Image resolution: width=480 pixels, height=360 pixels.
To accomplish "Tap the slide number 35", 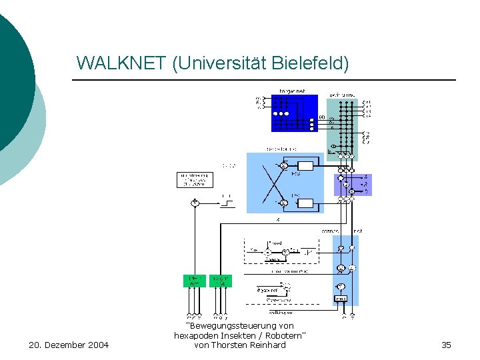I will [x=446, y=345].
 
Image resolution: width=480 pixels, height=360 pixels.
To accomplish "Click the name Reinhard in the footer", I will [x=267, y=345].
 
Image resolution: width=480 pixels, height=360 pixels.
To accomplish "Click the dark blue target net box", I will [x=294, y=113].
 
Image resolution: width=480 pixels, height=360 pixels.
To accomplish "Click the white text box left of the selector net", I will [x=193, y=180].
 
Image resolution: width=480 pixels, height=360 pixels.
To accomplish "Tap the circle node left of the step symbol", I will [x=195, y=202].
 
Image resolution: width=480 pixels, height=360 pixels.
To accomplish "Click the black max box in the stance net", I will [x=340, y=299].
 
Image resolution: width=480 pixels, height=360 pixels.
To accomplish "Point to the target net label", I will [x=291, y=91].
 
